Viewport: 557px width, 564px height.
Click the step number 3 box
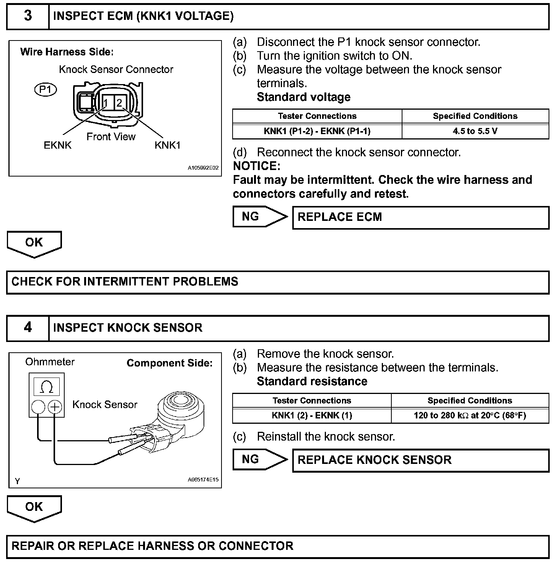coord(28,16)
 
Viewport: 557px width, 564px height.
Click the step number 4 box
coord(28,327)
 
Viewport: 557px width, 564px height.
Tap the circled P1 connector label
coord(46,90)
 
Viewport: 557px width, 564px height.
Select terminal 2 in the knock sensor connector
coord(119,102)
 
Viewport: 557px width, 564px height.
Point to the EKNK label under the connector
coord(58,146)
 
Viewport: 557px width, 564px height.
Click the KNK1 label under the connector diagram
coord(168,146)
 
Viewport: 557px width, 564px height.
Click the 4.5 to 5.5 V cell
coord(475,131)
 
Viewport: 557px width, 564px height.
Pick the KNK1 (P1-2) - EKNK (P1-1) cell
coord(317,131)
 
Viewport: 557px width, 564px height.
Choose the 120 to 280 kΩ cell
coord(470,415)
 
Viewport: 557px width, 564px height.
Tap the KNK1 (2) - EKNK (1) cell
coord(312,415)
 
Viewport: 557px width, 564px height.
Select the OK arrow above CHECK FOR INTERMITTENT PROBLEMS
coord(34,243)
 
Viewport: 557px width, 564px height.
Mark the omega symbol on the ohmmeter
coord(47,387)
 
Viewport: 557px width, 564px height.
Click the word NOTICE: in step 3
coord(257,166)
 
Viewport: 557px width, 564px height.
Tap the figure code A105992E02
coord(203,168)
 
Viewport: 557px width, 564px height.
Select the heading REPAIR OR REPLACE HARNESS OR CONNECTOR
coord(153,546)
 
